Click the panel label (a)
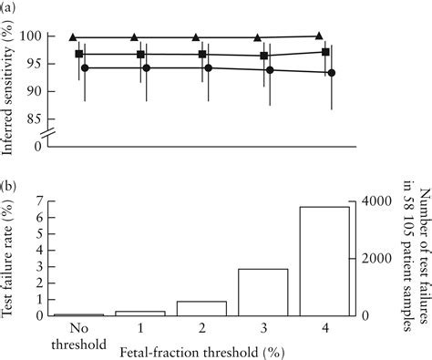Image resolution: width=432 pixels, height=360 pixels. tap(9, 7)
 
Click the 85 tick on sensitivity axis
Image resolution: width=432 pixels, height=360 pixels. tap(43, 118)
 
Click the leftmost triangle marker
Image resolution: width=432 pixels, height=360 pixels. tap(73, 36)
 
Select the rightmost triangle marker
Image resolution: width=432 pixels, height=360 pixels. tap(318, 36)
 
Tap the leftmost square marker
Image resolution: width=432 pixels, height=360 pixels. tap(79, 55)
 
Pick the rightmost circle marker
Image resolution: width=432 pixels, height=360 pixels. tap(331, 73)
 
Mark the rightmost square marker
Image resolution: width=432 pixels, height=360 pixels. tap(325, 52)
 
